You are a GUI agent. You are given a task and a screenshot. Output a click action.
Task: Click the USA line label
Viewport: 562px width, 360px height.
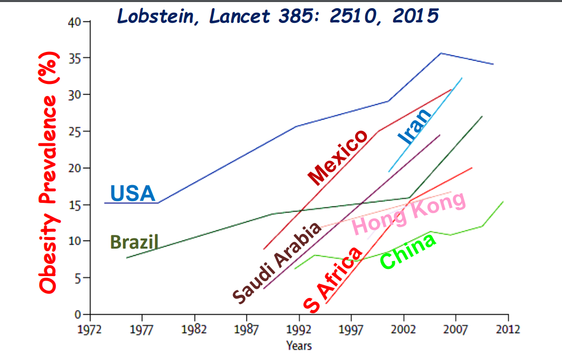coord(132,193)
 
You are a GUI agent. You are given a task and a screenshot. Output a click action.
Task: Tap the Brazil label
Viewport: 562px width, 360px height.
coord(134,242)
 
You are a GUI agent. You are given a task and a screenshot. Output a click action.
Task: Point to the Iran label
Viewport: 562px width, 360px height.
coord(415,127)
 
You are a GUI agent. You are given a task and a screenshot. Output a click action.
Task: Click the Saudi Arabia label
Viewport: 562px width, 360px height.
coord(277,262)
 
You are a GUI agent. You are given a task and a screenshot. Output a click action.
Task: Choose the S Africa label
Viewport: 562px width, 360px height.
coord(333,279)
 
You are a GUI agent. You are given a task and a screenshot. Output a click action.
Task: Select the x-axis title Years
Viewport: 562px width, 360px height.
coord(299,346)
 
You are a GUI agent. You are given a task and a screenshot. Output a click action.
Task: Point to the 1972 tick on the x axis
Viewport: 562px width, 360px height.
coord(89,329)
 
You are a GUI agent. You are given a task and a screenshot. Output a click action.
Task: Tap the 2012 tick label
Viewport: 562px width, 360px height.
coord(508,329)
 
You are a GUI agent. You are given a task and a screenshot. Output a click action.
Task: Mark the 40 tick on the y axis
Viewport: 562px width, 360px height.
coord(74,22)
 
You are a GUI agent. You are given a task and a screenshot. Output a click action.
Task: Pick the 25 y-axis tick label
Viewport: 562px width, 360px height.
coord(74,132)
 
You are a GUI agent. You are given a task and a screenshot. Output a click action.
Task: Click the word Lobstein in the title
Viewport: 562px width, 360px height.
coord(155,16)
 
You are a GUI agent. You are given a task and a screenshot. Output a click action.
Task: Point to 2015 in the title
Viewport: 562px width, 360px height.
coord(415,16)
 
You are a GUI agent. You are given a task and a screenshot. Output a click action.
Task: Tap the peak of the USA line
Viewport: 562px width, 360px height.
coord(441,53)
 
